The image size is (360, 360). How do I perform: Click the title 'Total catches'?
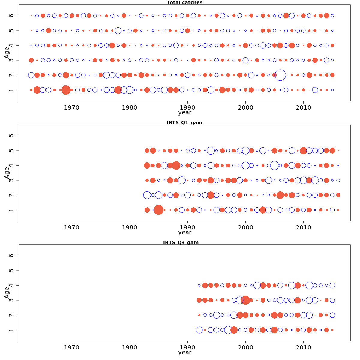(x=185, y=3)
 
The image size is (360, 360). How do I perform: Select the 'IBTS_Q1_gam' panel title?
(x=184, y=122)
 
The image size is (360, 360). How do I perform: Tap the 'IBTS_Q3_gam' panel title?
(x=181, y=242)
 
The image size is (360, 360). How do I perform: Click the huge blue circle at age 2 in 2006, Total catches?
(x=280, y=75)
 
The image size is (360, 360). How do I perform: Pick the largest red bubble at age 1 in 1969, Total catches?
(x=66, y=90)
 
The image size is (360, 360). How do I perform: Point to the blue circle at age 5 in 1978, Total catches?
(x=118, y=31)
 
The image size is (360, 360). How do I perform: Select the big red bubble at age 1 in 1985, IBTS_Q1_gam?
(x=159, y=210)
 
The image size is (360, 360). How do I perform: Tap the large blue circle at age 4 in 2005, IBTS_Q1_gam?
(x=274, y=165)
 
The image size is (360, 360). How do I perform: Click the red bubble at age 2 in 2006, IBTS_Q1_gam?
(x=280, y=195)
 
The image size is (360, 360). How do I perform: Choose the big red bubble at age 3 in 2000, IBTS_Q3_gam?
(x=245, y=300)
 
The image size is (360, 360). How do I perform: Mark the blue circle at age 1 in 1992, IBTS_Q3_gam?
(x=199, y=330)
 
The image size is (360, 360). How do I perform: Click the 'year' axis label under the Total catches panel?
(x=185, y=112)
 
